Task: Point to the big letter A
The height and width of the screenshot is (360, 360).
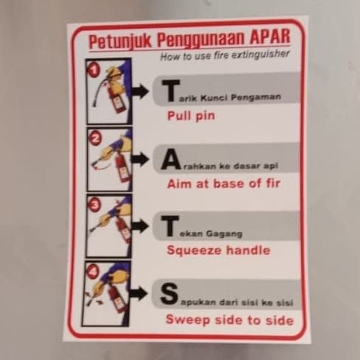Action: [170, 160]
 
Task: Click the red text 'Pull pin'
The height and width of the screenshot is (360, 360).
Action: [191, 116]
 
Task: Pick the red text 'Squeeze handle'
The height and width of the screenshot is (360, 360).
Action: [218, 250]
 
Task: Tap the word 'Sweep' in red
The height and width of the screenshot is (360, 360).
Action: [184, 320]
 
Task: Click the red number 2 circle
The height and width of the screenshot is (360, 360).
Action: [95, 137]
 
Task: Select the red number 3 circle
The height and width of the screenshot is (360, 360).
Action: [94, 204]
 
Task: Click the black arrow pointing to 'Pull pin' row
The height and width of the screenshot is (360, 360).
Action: [139, 93]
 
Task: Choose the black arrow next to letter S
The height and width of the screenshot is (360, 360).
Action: [138, 294]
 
